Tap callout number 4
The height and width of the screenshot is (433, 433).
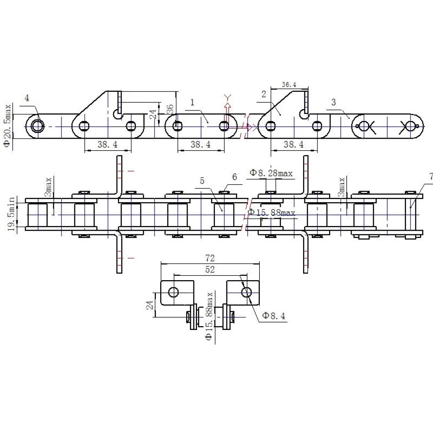pos(27,98)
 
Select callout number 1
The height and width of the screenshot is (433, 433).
pos(193,103)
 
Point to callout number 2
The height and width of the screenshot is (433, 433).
pos(264,94)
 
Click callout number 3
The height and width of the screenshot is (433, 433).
pos(333,102)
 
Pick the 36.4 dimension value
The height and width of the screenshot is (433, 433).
pos(289,84)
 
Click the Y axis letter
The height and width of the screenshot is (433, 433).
pos(228,97)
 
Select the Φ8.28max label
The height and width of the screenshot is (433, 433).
pos(271,173)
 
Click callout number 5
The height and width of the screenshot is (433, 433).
pos(202,181)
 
